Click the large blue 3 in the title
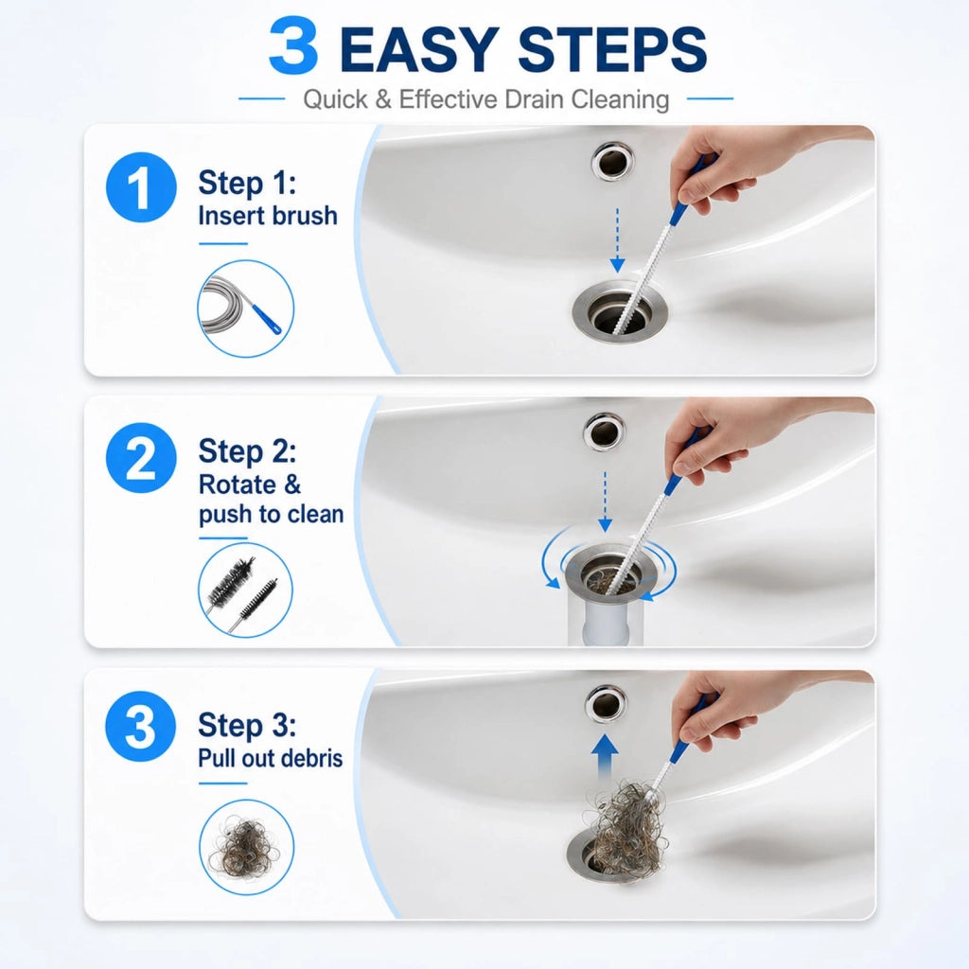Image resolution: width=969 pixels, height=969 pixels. click(x=294, y=47)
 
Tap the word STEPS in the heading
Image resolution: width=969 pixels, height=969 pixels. click(x=612, y=49)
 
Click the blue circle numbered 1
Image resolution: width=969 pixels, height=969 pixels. click(x=142, y=187)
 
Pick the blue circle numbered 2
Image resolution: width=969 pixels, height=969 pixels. click(x=142, y=458)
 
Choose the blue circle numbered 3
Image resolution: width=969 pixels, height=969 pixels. click(x=141, y=726)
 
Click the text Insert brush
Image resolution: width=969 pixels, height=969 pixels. click(x=268, y=216)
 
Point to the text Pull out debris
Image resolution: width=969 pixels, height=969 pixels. click(x=270, y=758)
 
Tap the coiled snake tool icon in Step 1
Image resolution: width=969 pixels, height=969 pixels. click(x=245, y=308)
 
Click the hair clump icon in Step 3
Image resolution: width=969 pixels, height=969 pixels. click(x=247, y=847)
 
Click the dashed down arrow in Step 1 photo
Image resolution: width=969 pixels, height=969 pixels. click(x=617, y=240)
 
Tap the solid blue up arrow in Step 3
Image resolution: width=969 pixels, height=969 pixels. click(x=605, y=758)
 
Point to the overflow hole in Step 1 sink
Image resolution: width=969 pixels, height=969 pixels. click(x=612, y=162)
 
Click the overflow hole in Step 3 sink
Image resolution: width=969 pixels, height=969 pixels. click(x=605, y=704)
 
